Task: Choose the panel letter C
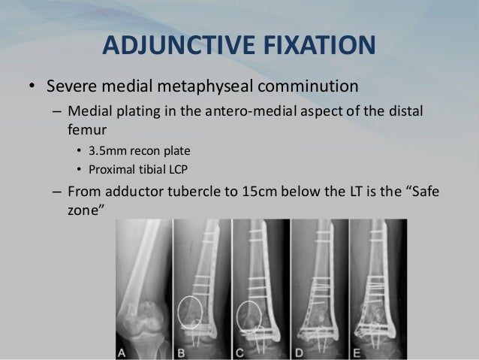point(240,351)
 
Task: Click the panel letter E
point(356,351)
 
